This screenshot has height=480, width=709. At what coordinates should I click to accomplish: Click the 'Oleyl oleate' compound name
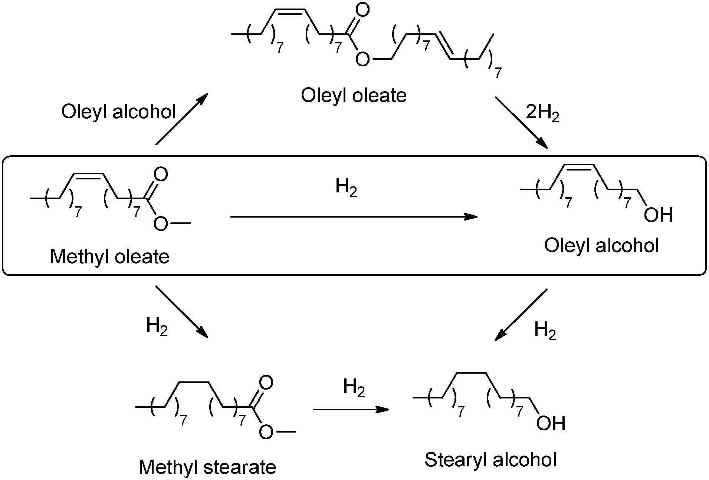pos(354,96)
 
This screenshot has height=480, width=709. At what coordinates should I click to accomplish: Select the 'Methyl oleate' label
pos(109,256)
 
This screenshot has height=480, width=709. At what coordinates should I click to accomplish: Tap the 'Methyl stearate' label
pos(207,467)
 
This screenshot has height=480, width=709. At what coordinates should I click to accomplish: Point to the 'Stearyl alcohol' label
pos(490,460)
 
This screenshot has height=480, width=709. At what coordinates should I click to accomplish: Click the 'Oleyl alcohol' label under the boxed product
pos(601,245)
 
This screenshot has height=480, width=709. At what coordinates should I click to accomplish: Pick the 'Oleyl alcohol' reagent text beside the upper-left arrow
pos(118,112)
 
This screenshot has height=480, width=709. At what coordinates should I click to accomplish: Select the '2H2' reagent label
pos(542,113)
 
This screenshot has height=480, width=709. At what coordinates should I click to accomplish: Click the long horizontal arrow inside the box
pos(354,217)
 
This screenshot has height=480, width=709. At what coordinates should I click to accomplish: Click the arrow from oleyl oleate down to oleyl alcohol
pos(521,123)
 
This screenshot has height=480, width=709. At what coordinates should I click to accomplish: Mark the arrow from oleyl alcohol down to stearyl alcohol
pos(521,315)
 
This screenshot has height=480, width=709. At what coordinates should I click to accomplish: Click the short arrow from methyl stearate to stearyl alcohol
pos(351,409)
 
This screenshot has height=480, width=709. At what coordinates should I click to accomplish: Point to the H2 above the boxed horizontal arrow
pos(346,187)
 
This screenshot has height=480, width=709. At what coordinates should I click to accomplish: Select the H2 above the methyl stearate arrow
pos(354,388)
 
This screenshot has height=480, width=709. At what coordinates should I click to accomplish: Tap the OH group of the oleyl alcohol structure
pos(658,215)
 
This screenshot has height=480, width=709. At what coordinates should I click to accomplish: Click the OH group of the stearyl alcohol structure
pos(551,423)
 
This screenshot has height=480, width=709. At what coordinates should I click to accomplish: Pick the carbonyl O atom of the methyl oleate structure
pos(161,175)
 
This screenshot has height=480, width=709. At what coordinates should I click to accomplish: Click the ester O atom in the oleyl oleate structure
pos(362,59)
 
